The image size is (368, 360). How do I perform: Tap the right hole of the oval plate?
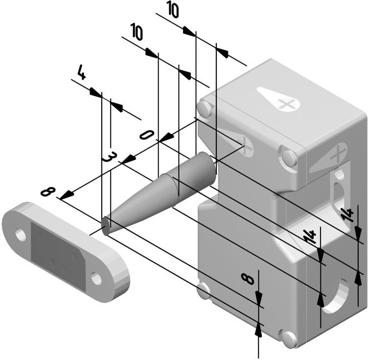point(96,279)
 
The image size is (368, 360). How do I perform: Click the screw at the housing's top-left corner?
point(205,108)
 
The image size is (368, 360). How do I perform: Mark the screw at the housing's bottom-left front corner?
point(203,290)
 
